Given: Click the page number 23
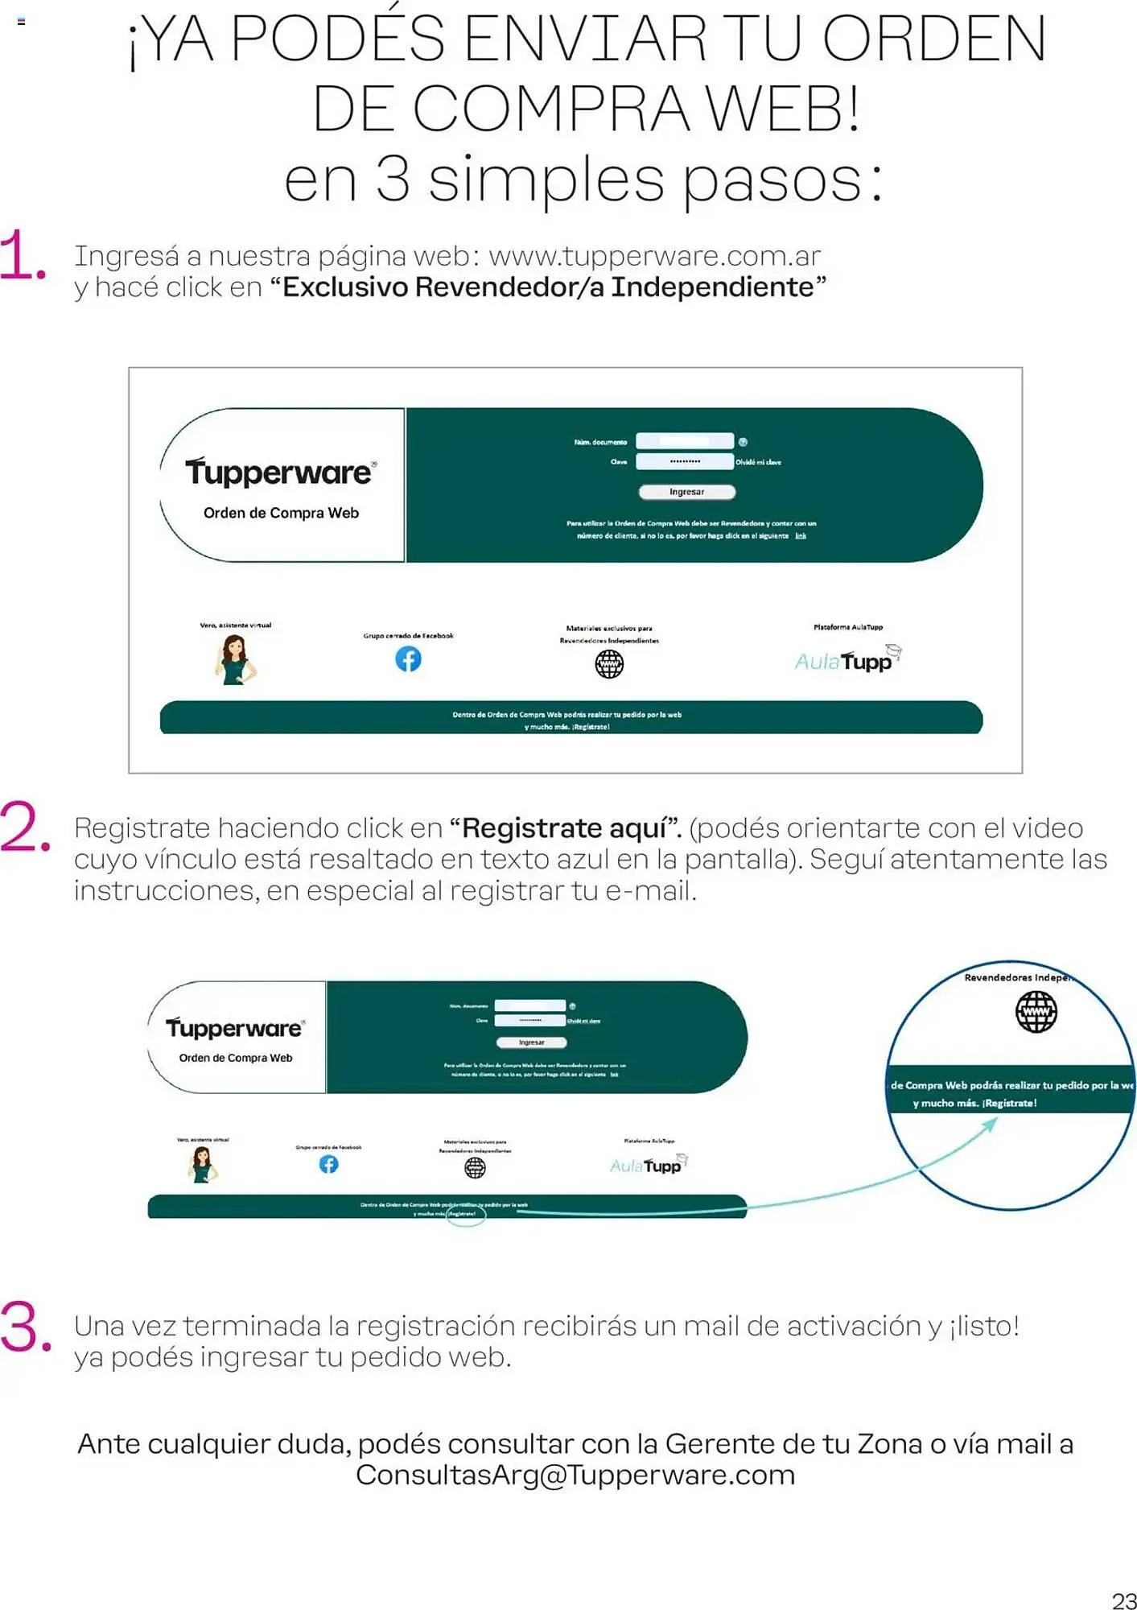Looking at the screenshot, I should tap(1123, 1599).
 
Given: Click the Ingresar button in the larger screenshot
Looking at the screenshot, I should tap(686, 492).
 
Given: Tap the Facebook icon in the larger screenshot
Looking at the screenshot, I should tap(408, 659).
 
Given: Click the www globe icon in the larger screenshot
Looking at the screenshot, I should tap(609, 664).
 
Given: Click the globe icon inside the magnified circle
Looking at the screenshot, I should tap(1036, 1011).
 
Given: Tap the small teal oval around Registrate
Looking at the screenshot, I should tap(466, 1214).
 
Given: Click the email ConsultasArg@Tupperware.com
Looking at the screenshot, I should tap(575, 1475).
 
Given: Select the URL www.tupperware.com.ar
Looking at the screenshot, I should tap(654, 256).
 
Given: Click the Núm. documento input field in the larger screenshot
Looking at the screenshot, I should tap(684, 441).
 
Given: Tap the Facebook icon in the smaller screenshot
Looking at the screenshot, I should tap(328, 1164).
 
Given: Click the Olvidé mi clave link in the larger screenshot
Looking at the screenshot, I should tap(758, 462).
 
